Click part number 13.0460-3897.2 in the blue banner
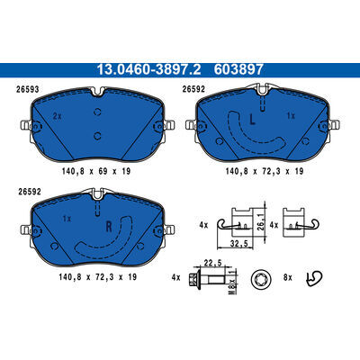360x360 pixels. (x=148, y=70)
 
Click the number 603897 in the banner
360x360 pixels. (x=238, y=70)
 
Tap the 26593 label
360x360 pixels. (x=29, y=89)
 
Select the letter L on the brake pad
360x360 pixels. (x=253, y=120)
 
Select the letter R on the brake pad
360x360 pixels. (x=109, y=227)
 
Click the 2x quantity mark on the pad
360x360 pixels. (x=57, y=116)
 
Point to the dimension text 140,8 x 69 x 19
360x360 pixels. (x=96, y=171)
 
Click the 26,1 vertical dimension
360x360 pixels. (x=261, y=222)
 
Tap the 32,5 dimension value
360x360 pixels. (x=239, y=244)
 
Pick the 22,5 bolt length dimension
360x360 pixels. (x=212, y=263)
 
